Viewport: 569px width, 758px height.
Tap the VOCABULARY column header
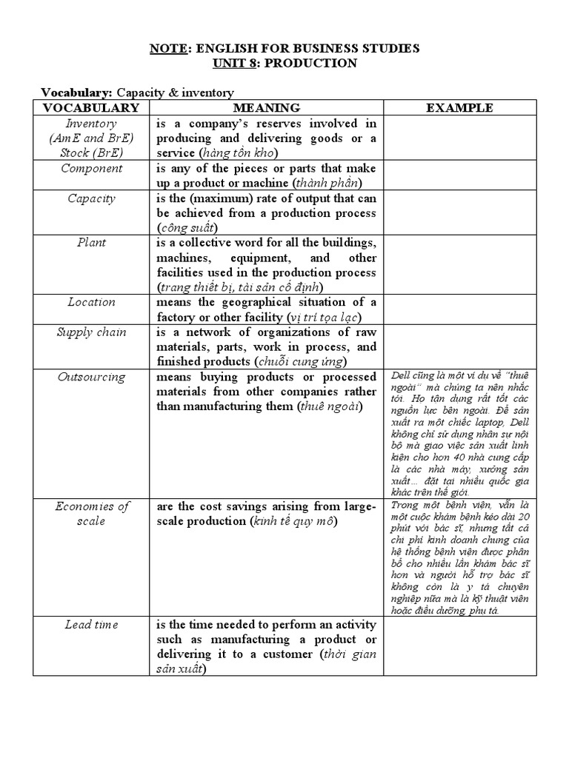click(91, 108)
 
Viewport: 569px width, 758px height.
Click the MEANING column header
click(266, 108)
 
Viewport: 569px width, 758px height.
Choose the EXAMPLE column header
click(459, 108)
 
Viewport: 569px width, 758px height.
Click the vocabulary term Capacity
click(91, 198)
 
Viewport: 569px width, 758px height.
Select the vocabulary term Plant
click(91, 243)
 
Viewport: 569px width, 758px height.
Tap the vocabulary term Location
click(91, 302)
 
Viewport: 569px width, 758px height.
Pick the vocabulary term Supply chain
click(91, 332)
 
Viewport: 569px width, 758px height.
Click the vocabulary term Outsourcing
click(91, 377)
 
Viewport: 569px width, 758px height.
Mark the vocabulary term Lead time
click(91, 625)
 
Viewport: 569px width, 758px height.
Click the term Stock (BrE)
click(91, 153)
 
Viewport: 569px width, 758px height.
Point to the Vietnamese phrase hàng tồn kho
click(243, 153)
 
